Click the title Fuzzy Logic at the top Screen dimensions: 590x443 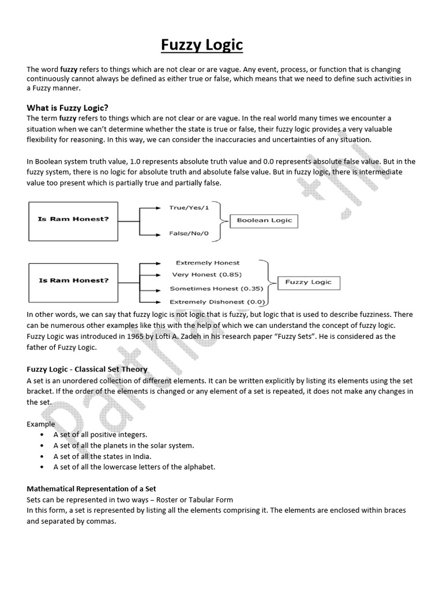[201, 45]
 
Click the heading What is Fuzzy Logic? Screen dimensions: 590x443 [68, 108]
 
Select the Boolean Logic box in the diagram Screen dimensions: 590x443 [265, 220]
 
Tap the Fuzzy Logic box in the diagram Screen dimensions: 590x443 [309, 282]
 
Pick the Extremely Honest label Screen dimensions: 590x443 [208, 263]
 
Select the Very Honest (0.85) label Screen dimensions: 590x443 [207, 275]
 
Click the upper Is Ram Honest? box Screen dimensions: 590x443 [73, 220]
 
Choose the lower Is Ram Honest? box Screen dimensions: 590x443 [73, 281]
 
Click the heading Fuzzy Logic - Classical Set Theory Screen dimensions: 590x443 [87, 369]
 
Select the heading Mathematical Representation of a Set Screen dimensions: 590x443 [92, 489]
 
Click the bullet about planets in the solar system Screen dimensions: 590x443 [123, 445]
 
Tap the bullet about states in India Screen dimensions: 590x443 [102, 456]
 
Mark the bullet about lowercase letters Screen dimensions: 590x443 [134, 467]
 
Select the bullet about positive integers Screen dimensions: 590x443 [100, 434]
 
